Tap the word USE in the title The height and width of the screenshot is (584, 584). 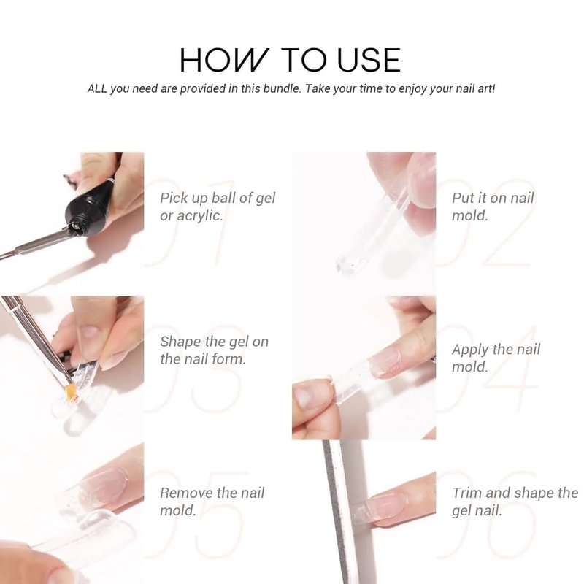tap(369, 60)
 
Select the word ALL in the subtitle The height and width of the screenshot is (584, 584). tap(97, 88)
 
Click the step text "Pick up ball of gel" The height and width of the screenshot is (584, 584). tap(218, 198)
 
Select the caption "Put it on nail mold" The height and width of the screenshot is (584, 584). tap(493, 207)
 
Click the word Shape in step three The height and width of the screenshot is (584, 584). tap(180, 342)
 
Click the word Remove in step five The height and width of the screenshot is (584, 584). tap(186, 493)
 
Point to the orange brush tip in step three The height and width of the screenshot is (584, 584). tap(72, 392)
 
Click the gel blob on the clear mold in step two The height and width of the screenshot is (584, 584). tap(347, 264)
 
